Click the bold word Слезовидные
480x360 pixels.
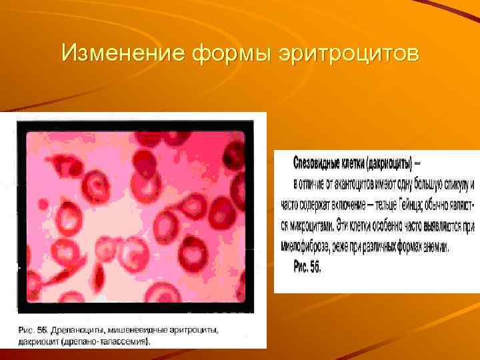[317, 162]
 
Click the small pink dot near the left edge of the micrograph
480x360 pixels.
[43, 203]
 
